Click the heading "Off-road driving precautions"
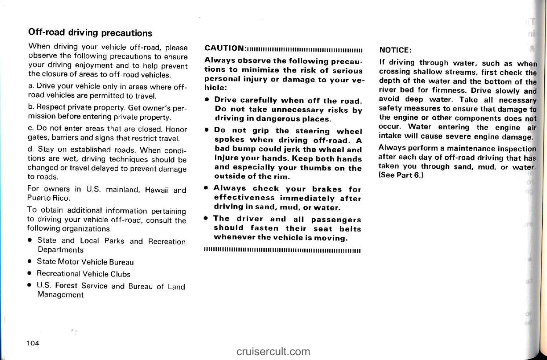(90, 33)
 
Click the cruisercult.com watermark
(273, 351)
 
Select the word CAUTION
(224, 48)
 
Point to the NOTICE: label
(394, 50)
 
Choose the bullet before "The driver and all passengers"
(206, 219)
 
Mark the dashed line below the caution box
(282, 252)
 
